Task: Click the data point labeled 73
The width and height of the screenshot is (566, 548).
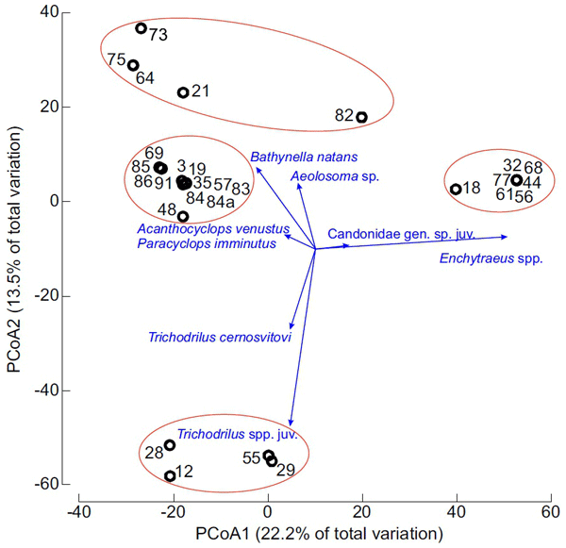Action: pyautogui.click(x=141, y=28)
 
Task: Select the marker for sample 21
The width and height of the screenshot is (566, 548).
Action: pyautogui.click(x=183, y=92)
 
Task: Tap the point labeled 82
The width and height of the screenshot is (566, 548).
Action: pyautogui.click(x=361, y=118)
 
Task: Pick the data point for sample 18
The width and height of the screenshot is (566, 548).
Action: pyautogui.click(x=456, y=190)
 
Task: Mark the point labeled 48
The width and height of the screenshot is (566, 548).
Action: pyautogui.click(x=183, y=217)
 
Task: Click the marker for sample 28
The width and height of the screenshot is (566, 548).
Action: pyautogui.click(x=170, y=445)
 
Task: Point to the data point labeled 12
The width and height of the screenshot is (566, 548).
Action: pyautogui.click(x=170, y=476)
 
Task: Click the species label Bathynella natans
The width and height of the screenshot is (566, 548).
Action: pyautogui.click(x=305, y=156)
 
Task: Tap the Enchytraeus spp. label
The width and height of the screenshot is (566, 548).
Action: pyautogui.click(x=491, y=257)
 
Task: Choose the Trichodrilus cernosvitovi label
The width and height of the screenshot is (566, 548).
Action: pyautogui.click(x=219, y=337)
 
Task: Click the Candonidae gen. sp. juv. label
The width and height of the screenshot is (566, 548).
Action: pyautogui.click(x=400, y=233)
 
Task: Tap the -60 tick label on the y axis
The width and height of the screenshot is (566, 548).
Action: pyautogui.click(x=47, y=485)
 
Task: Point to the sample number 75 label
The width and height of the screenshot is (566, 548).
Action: pyautogui.click(x=117, y=59)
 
